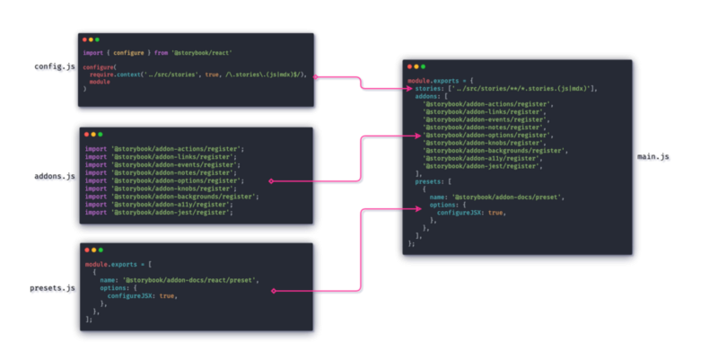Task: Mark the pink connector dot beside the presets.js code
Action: coord(273,291)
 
